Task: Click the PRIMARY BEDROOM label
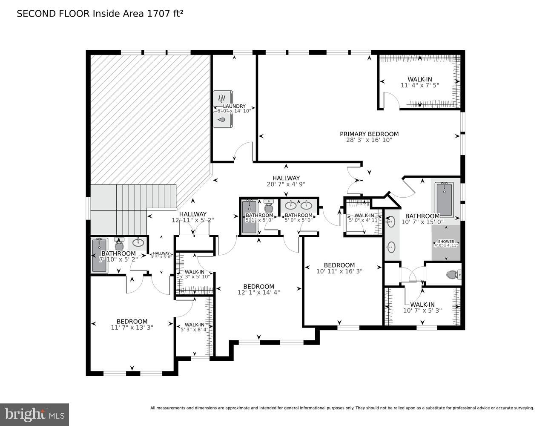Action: tap(369, 134)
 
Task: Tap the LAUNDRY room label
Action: tap(234, 106)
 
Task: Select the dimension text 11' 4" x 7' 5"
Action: tap(419, 85)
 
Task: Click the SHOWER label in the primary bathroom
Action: tap(446, 242)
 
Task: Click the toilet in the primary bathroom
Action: tap(453, 275)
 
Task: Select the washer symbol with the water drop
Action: tap(222, 120)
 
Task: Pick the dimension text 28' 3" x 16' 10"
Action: tap(369, 140)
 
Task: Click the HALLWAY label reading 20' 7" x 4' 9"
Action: tap(286, 178)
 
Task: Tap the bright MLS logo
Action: tap(34, 414)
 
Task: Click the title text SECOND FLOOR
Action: tap(54, 14)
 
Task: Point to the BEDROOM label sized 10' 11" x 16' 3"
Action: tap(339, 265)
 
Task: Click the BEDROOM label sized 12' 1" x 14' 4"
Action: tap(258, 286)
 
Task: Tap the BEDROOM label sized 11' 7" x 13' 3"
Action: tap(132, 321)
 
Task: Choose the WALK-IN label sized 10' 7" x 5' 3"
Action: tap(422, 304)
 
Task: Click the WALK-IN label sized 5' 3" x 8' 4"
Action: tap(194, 324)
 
